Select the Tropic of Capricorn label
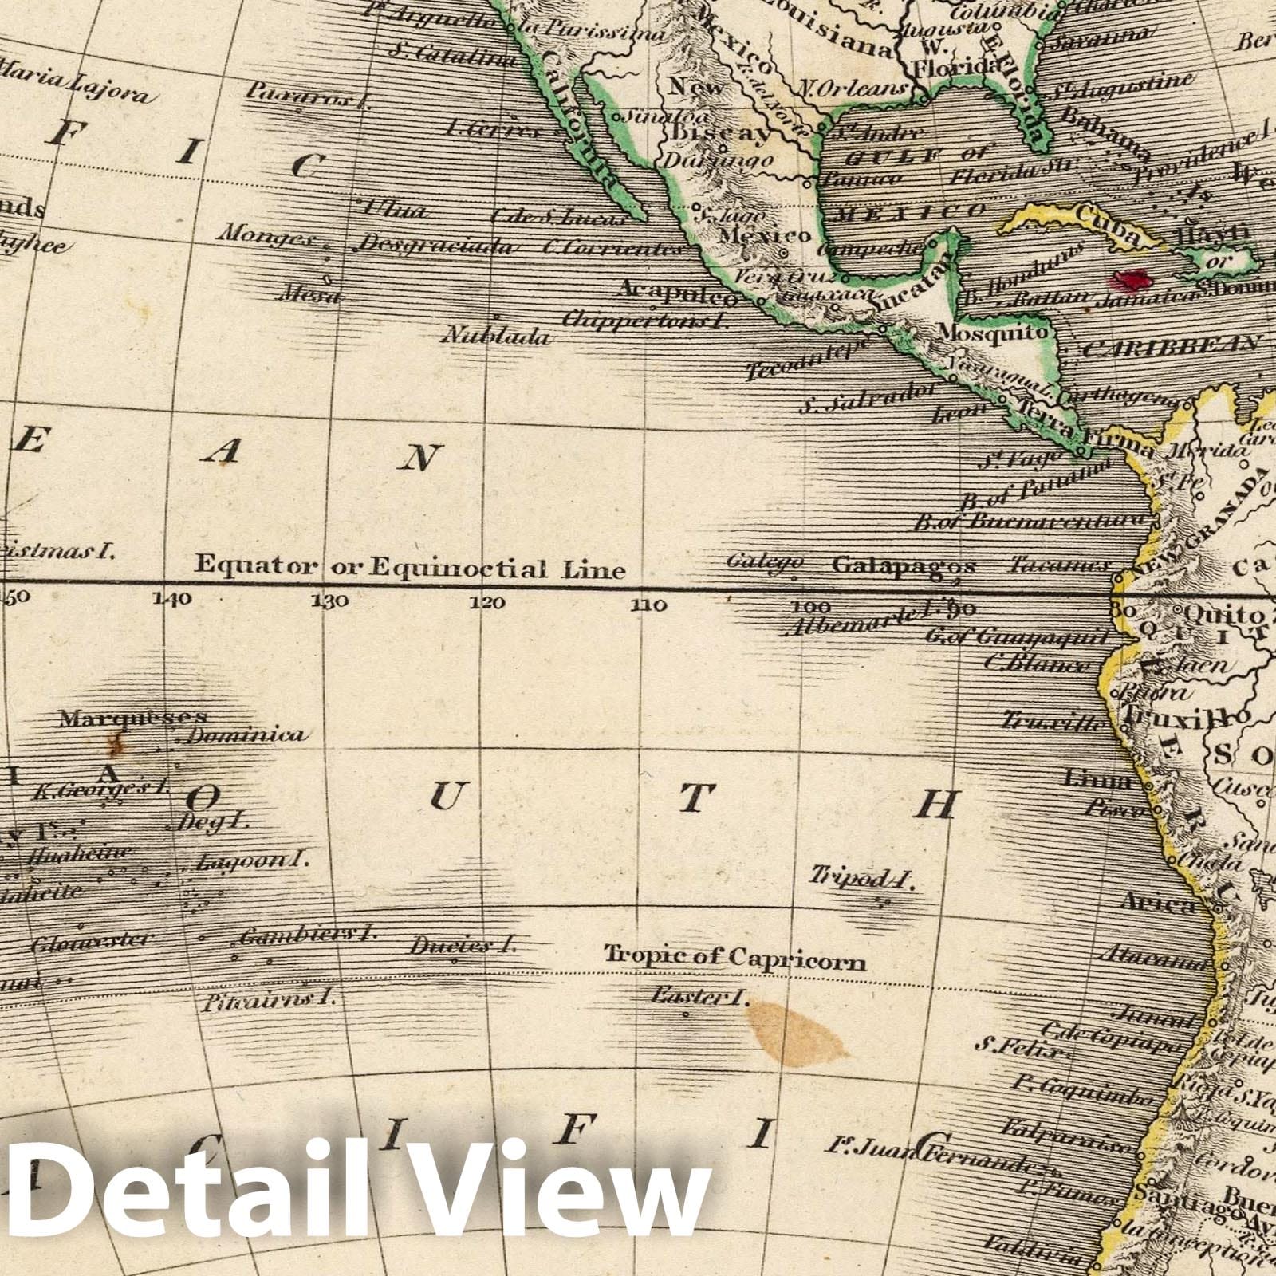734,957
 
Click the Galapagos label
903,565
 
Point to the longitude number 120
487,603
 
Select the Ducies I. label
463,947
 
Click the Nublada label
496,336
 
